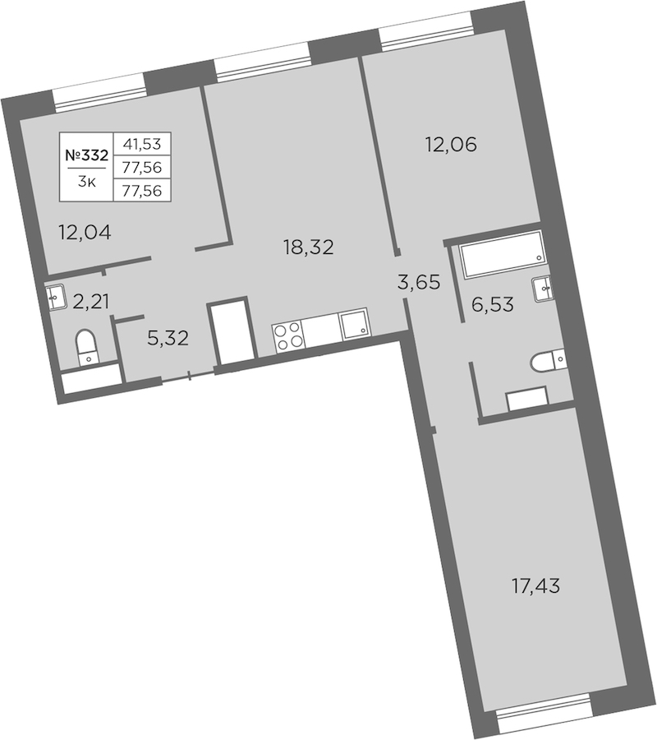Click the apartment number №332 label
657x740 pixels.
point(87,155)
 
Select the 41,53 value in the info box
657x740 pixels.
point(142,143)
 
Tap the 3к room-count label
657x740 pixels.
point(87,182)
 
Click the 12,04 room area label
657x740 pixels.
point(85,232)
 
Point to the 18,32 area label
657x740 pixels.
point(309,247)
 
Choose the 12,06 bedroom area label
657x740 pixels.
point(451,145)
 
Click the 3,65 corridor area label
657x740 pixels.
point(419,282)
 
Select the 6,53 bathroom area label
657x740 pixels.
point(493,304)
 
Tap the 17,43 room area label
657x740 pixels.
point(536,586)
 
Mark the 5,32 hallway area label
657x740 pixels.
point(168,338)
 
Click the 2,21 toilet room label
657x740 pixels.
point(91,301)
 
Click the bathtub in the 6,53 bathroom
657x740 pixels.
point(503,254)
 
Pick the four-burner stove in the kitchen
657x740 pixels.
point(287,335)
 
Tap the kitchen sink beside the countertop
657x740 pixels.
point(355,324)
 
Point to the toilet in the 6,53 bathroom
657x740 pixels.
point(548,361)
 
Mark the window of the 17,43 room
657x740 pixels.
point(544,719)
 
